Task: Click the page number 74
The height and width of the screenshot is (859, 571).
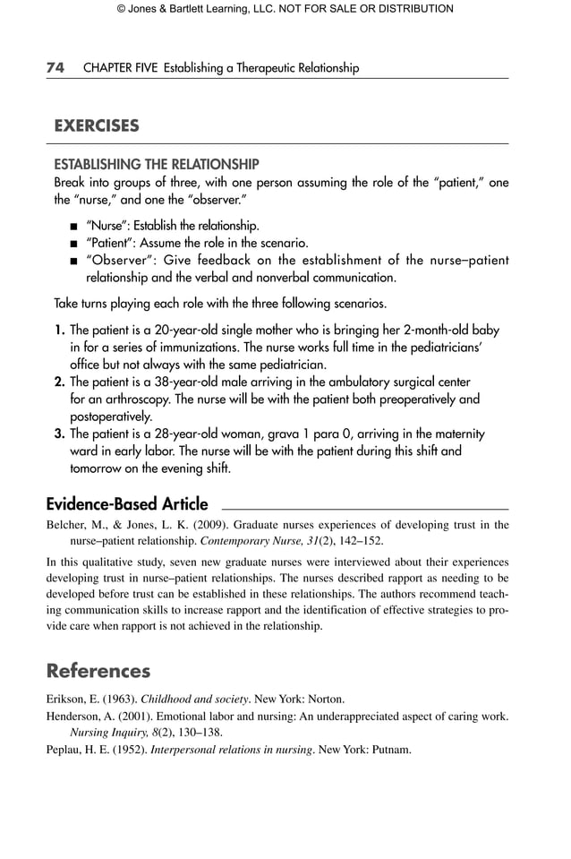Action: click(55, 68)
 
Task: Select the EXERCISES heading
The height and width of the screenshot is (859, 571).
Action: click(97, 126)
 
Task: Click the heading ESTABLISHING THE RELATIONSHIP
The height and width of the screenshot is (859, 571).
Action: click(157, 165)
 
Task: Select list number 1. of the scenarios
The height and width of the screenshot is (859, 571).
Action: click(60, 331)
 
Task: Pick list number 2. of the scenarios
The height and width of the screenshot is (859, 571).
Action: click(60, 382)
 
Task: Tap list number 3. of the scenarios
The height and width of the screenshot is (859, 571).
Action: click(60, 434)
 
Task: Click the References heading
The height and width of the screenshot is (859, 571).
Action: click(98, 671)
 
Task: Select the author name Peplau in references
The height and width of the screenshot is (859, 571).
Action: click(65, 749)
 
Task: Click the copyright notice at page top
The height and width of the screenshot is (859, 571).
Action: click(285, 9)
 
